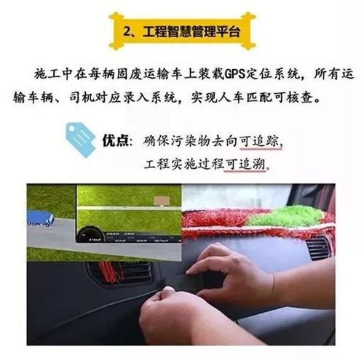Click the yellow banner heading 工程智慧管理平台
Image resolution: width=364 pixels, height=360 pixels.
(x=182, y=31)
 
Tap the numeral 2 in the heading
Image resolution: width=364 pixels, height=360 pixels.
(x=127, y=32)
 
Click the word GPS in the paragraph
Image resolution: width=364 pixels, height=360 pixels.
(x=234, y=74)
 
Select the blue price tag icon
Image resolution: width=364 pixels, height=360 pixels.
(x=81, y=140)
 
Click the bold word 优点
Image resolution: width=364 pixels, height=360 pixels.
(x=115, y=140)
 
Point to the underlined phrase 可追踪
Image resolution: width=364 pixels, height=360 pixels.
(x=261, y=141)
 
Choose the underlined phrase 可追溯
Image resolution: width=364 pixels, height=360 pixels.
(x=245, y=164)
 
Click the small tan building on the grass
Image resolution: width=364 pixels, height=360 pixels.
(x=162, y=201)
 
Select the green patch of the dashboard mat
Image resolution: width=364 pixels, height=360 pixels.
(x=286, y=216)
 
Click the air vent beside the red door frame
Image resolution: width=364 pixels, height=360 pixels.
(x=318, y=248)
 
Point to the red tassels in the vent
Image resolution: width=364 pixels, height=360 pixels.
(x=111, y=271)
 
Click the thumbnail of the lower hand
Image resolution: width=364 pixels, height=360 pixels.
(x=168, y=289)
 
